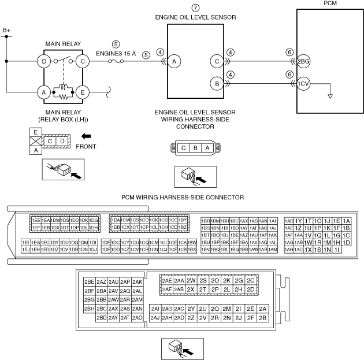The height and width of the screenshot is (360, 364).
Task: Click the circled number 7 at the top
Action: click(195, 8)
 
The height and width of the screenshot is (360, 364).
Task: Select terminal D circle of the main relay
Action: click(43, 60)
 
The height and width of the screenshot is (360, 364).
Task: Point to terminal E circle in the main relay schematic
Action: click(83, 91)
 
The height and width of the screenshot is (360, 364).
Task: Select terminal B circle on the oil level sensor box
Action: click(217, 84)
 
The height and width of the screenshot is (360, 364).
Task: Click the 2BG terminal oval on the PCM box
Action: click(304, 60)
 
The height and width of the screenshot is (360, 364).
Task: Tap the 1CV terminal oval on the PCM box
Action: click(304, 84)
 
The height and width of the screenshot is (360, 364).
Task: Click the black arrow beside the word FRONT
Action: click(85, 137)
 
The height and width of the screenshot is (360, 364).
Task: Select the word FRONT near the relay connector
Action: click(86, 147)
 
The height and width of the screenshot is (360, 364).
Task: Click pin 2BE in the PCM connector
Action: click(89, 281)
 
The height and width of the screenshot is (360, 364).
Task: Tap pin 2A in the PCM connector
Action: click(263, 308)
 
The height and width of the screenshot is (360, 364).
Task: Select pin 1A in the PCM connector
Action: click(347, 221)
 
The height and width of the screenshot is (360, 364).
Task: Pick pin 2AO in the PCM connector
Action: click(138, 317)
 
